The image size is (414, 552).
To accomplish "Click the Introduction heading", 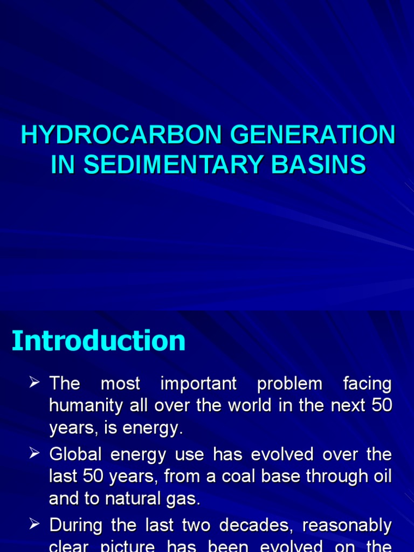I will pos(99,341).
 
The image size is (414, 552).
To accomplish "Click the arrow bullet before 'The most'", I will pos(35,384).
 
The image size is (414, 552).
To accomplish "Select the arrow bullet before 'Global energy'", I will pos(35,454).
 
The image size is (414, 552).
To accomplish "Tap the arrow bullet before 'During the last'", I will pos(35,525).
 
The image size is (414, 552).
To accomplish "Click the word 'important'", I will pos(198,384).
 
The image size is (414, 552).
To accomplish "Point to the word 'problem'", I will pos(289,384).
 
